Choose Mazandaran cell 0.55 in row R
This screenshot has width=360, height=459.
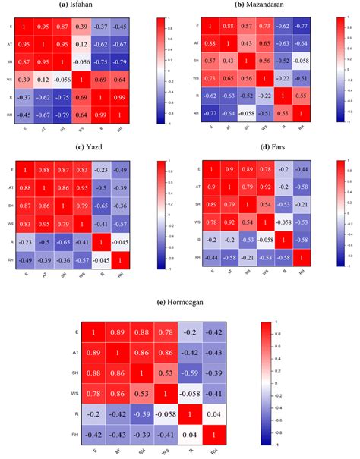pos(302,97)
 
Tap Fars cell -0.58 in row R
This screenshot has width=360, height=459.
pos(301,240)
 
